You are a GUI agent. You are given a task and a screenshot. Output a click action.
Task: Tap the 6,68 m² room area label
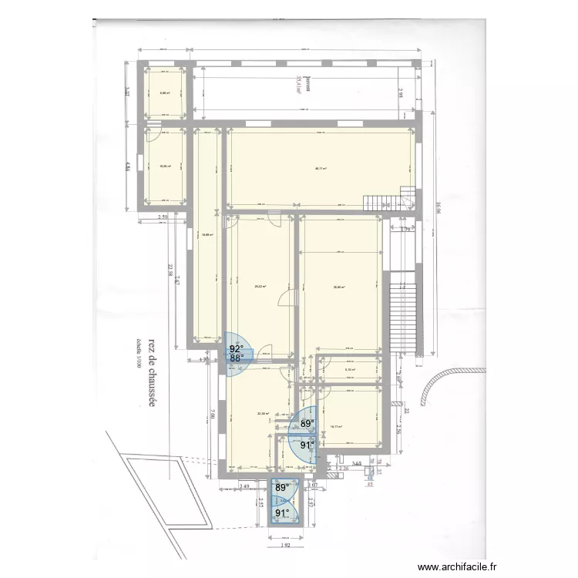[x=164, y=93]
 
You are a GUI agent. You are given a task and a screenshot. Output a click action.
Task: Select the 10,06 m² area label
[x=164, y=166]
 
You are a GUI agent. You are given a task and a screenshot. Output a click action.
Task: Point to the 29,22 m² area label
[x=260, y=287]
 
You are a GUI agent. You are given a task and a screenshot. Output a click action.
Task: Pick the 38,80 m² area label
[x=339, y=287]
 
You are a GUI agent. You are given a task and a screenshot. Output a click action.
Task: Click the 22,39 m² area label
[x=263, y=413]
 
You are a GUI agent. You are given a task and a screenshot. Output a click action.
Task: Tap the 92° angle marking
[x=236, y=348]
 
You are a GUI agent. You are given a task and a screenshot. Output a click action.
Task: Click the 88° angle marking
[x=236, y=358]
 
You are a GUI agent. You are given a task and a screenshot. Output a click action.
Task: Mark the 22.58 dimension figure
[x=170, y=274]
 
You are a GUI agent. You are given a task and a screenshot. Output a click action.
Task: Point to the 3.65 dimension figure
[x=357, y=464]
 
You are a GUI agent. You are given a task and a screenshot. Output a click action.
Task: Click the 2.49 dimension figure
[x=245, y=486]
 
